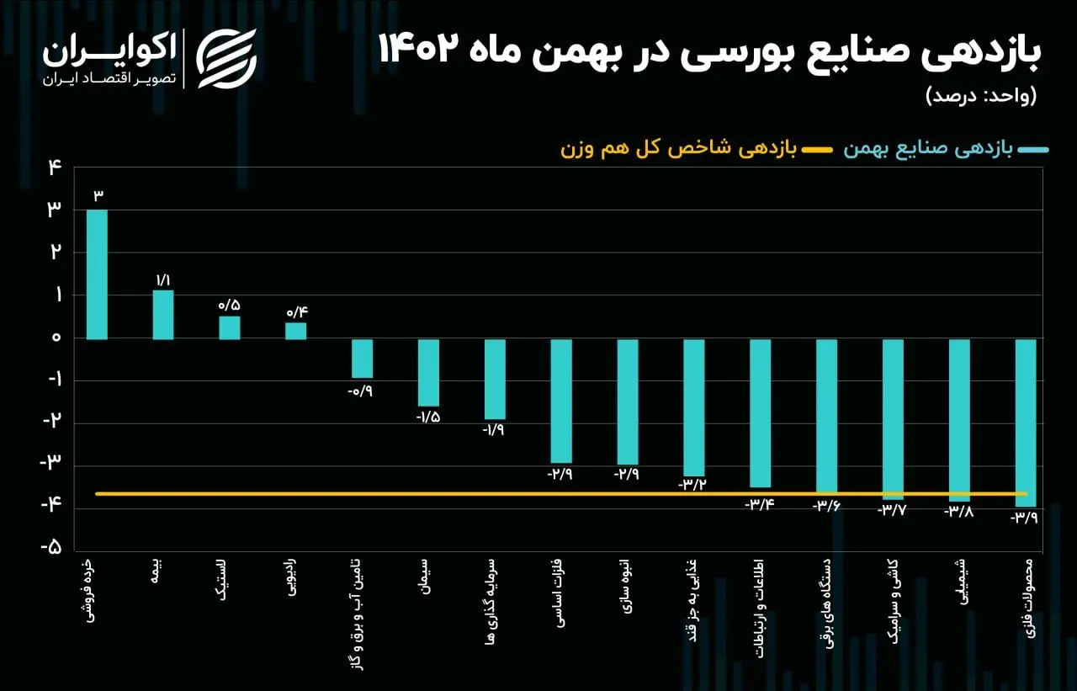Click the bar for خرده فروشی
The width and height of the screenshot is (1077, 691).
(97, 274)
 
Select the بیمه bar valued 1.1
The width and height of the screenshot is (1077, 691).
(163, 315)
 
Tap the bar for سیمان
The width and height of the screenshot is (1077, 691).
(428, 373)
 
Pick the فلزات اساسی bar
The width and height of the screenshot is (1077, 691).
(561, 401)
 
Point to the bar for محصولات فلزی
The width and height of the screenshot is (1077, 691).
(1025, 423)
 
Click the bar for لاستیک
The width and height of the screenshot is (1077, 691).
(230, 327)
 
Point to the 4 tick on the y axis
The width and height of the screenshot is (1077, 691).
(56, 167)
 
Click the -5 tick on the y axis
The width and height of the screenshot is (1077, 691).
(52, 548)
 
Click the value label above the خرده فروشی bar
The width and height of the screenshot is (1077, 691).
(98, 196)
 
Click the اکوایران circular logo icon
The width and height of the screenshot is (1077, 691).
(226, 58)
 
